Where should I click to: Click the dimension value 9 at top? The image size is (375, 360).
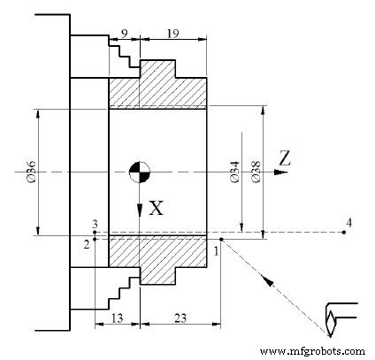[x=124, y=33]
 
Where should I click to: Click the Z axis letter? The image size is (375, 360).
[x=284, y=158]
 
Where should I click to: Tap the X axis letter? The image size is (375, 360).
[x=156, y=209]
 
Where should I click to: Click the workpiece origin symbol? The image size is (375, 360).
[x=139, y=171]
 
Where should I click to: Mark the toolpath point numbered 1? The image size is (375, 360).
[x=221, y=238]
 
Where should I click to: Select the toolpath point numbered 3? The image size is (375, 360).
[x=95, y=232]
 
